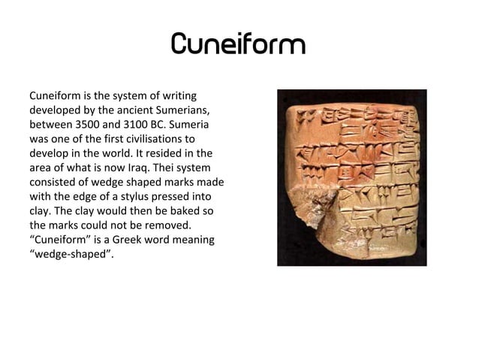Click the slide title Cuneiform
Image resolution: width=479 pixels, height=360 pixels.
(239, 44)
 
